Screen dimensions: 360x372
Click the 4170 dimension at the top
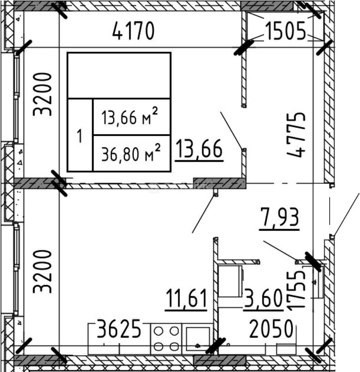click(x=133, y=31)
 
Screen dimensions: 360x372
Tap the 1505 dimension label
click(x=285, y=31)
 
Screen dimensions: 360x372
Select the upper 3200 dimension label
click(x=42, y=94)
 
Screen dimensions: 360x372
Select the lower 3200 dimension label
click(x=42, y=271)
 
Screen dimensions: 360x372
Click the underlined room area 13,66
click(x=199, y=150)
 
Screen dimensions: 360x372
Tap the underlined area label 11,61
click(x=186, y=299)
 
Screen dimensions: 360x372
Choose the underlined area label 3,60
click(x=263, y=299)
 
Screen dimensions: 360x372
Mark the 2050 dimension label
click(x=271, y=329)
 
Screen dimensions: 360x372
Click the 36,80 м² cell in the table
click(x=132, y=153)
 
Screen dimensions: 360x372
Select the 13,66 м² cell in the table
click(x=132, y=117)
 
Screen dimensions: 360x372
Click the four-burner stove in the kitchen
click(x=166, y=339)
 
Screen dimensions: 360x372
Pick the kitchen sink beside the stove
click(x=198, y=339)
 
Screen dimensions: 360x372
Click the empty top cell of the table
click(x=119, y=75)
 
